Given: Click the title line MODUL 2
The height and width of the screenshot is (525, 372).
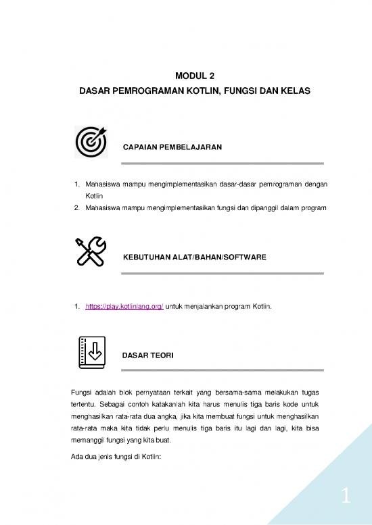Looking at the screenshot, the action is coord(185,76).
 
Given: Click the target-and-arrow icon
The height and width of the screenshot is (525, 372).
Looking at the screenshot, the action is coord(89,142).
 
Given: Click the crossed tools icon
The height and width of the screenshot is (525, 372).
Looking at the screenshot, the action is coord(89,253).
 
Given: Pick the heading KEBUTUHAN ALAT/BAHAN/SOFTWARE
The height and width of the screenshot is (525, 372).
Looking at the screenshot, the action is coord(194,257).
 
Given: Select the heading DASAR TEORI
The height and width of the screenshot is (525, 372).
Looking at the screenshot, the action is coord(147,355).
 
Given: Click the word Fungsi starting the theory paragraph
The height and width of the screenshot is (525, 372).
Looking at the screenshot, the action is coord(82,393).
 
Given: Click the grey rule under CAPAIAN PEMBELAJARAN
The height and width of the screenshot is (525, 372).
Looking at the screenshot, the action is coord(223,164).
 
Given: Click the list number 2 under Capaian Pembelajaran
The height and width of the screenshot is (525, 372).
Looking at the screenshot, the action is coord(75,207).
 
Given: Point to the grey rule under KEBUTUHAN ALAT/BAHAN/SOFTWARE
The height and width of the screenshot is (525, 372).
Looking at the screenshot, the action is coord(223,274).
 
